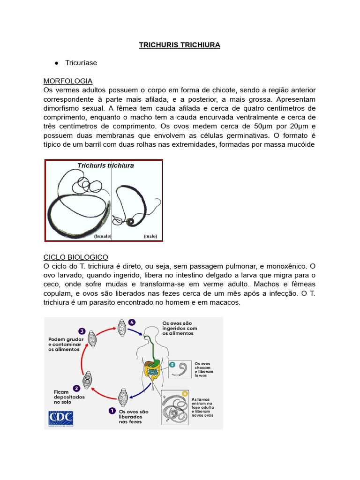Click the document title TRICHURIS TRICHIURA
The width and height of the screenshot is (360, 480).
[x=180, y=45]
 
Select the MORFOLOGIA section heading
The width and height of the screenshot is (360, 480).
[x=68, y=81]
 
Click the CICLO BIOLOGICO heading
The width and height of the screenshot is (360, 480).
[x=75, y=257]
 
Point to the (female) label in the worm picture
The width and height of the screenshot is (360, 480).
[x=102, y=236]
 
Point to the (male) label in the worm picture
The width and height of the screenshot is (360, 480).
[x=150, y=236]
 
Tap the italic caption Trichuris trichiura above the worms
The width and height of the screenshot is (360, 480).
[x=105, y=165]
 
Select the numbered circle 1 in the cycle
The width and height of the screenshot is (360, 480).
[x=112, y=411]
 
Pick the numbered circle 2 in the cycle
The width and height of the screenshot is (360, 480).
[x=76, y=388]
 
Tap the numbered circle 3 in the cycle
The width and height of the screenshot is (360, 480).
[x=82, y=330]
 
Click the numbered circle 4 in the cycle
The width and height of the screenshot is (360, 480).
[x=132, y=322]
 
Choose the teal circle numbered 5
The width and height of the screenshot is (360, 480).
[x=172, y=364]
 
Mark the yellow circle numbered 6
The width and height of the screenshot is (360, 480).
[x=185, y=393]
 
